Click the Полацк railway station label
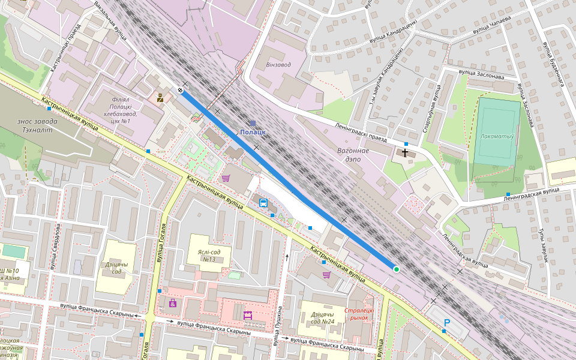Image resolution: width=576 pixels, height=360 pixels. tap(253, 131)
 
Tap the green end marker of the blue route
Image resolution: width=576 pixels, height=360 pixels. tap(396, 269)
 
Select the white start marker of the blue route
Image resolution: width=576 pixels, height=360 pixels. tap(180, 90)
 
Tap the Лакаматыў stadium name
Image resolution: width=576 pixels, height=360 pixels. tap(497, 136)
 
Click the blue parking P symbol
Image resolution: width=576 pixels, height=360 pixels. tap(446, 323)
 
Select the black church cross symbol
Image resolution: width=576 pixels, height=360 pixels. tap(406, 153)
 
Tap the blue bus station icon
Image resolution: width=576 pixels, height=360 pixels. tap(263, 202)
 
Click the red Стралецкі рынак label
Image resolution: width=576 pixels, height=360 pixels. tap(360, 314)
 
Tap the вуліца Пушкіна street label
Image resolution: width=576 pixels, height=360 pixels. tap(278, 326)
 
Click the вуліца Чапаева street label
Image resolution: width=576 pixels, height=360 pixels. tap(491, 26)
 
